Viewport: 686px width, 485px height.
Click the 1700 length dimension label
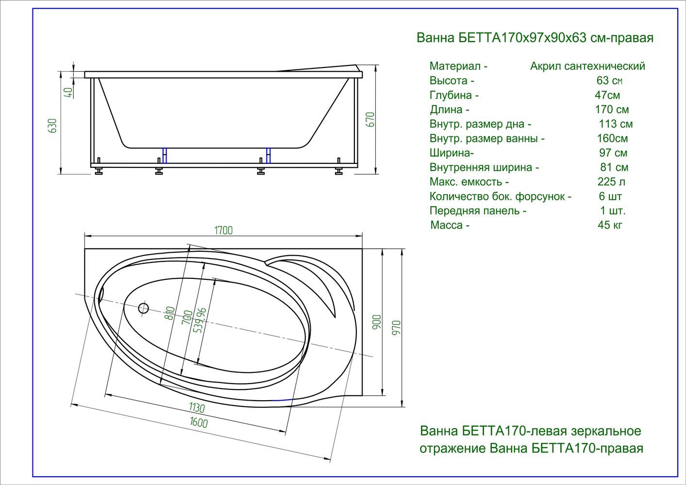(223, 230)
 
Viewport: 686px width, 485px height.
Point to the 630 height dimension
(53, 126)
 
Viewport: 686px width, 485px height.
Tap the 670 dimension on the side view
(370, 120)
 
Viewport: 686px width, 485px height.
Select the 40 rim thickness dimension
(69, 93)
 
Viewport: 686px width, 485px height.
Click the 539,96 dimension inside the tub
(201, 321)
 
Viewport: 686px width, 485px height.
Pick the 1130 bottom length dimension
(197, 407)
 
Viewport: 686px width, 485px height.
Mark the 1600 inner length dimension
(199, 422)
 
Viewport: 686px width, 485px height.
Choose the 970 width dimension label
(396, 328)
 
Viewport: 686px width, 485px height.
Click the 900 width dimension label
(377, 322)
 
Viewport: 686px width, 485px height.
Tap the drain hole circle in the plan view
(143, 308)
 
